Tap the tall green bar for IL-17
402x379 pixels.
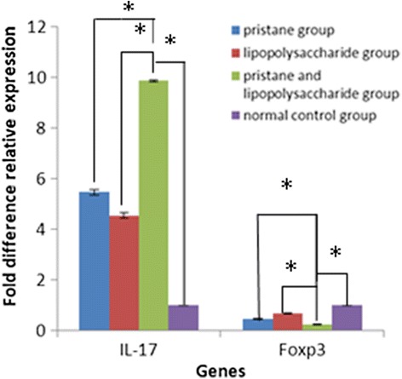pos(153,204)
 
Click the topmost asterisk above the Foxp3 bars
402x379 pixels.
pos(287,185)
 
